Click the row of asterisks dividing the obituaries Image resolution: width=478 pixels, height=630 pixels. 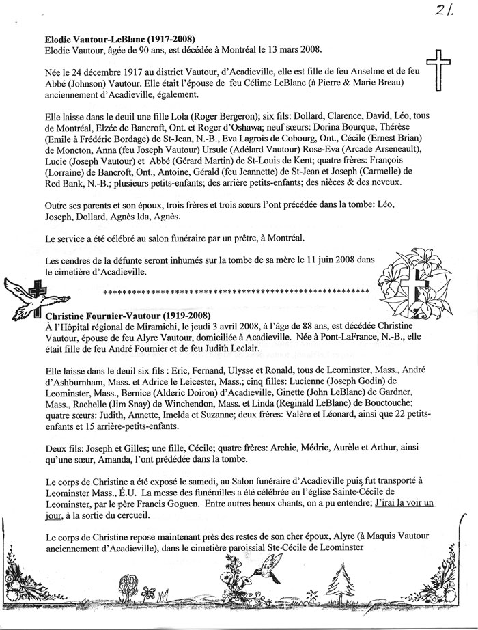click(235, 292)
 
